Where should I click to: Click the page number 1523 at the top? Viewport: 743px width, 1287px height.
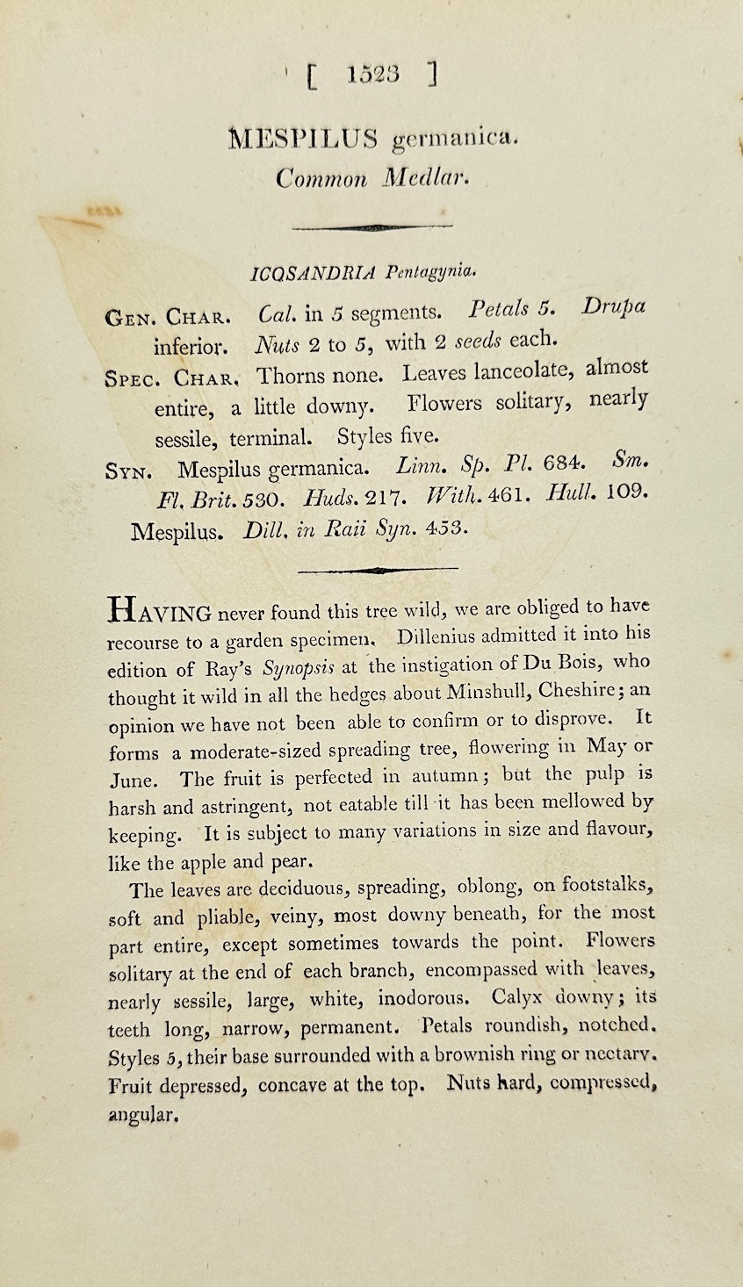(373, 75)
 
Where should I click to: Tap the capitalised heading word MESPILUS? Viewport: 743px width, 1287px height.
(303, 139)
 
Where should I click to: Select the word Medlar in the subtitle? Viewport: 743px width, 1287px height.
(426, 178)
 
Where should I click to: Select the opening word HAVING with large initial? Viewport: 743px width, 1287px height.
(158, 610)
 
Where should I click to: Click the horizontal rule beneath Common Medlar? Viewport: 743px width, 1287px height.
(371, 227)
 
